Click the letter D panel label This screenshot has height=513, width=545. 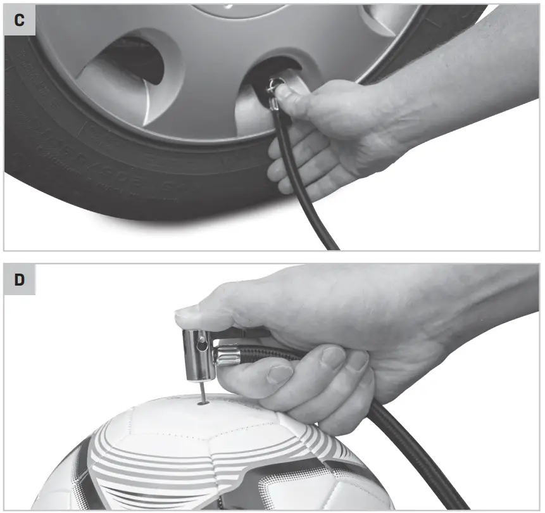(20, 280)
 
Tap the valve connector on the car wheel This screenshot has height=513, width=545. (273, 89)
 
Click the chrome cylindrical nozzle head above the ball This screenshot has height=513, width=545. (197, 348)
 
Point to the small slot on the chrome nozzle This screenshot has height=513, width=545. (202, 346)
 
